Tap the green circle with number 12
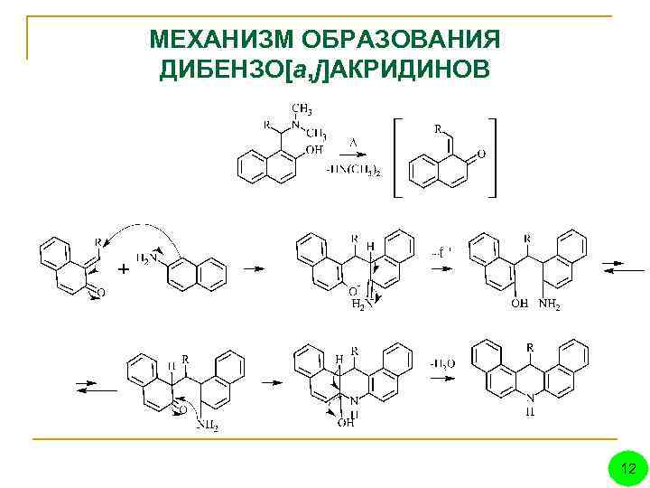[629, 468]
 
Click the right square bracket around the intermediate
[492, 157]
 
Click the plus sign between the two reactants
[123, 269]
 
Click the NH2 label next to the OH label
[550, 305]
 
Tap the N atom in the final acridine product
[531, 398]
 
